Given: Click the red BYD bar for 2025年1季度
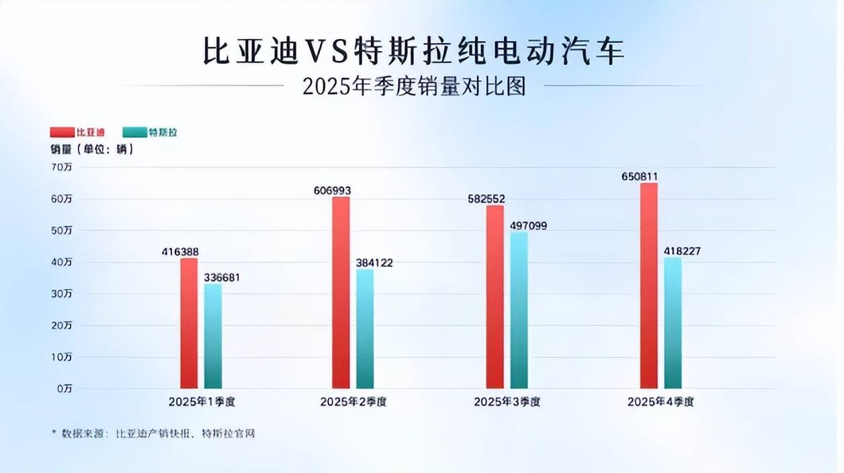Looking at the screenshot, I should click(x=189, y=323).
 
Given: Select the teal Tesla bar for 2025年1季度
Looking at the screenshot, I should click(x=213, y=336).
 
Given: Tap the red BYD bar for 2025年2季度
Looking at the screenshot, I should click(x=341, y=292).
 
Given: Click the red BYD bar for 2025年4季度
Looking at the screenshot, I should click(x=648, y=286).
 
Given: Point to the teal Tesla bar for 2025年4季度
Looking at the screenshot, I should click(x=673, y=322).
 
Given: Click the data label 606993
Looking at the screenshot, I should click(x=332, y=191).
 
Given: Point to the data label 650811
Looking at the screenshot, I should click(x=640, y=177).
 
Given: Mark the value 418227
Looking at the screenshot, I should click(x=681, y=251).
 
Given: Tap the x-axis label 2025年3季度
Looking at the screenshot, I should click(x=507, y=402).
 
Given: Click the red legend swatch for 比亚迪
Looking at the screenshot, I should click(x=62, y=132).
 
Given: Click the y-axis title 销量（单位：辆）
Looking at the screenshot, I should click(x=92, y=149).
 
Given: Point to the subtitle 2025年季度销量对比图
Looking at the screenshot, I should click(x=414, y=87).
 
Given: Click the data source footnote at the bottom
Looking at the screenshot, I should click(x=154, y=434).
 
